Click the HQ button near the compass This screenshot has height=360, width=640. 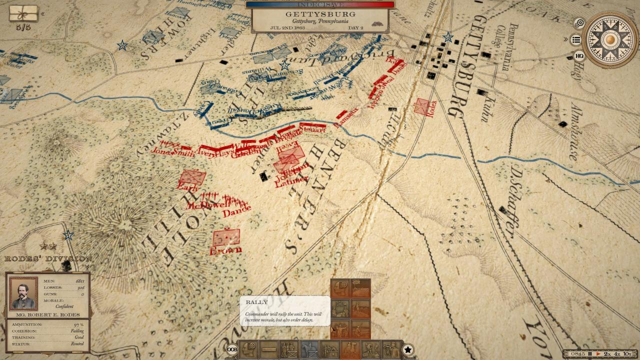coord(579,56)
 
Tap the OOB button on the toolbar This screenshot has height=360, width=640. coord(232,349)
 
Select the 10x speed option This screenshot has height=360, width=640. coord(627,354)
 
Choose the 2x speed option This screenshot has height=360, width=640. coord(607,354)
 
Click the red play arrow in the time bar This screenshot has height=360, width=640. coord(598,354)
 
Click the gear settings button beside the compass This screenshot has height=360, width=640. coord(579,23)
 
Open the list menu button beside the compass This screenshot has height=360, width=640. coord(576,39)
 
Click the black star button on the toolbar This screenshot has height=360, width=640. coord(408,349)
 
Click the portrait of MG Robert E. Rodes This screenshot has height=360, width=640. coord(23,293)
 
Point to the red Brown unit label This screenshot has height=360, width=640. coord(226,250)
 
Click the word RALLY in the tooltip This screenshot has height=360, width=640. coord(256,302)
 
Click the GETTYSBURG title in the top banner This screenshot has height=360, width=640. coord(320,14)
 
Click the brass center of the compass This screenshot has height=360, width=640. coord(610,39)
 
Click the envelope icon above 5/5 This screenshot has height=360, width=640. coord(23,13)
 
